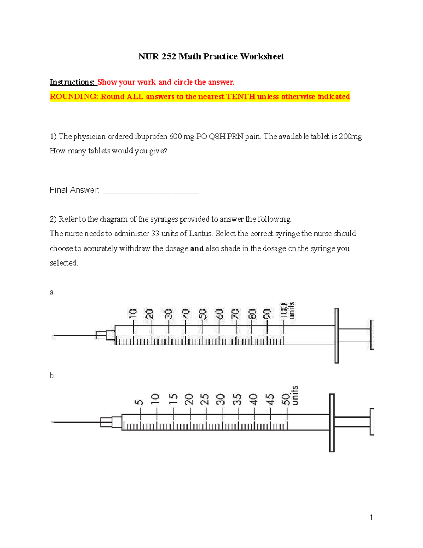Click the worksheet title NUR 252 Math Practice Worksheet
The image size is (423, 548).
(x=211, y=56)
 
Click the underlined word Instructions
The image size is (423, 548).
(x=72, y=82)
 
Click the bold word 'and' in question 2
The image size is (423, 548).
(x=197, y=248)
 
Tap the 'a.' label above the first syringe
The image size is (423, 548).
(x=52, y=292)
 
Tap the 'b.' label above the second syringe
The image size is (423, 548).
(x=52, y=376)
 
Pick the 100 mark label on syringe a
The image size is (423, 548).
(x=283, y=311)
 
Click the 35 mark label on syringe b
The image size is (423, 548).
(x=238, y=399)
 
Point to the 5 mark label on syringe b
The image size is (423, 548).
(x=139, y=402)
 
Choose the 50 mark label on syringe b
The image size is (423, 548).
(x=286, y=399)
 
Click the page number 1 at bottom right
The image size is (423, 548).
(x=371, y=518)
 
